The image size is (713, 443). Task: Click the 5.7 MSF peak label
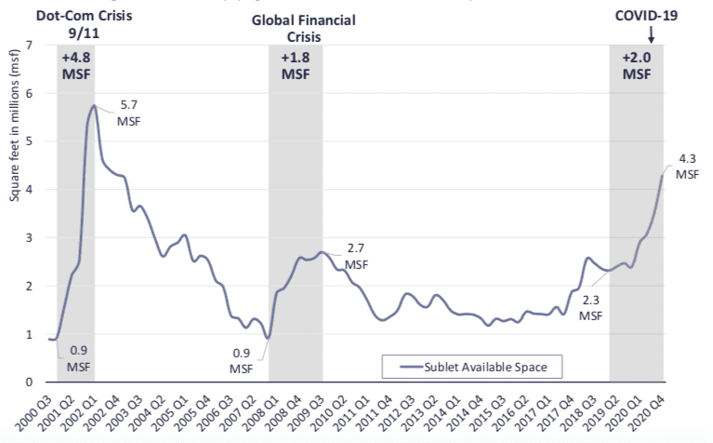(x=127, y=113)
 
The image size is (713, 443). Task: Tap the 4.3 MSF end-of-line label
(x=686, y=165)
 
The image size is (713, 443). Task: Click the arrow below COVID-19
(x=651, y=34)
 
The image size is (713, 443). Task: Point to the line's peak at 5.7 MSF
(x=94, y=105)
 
